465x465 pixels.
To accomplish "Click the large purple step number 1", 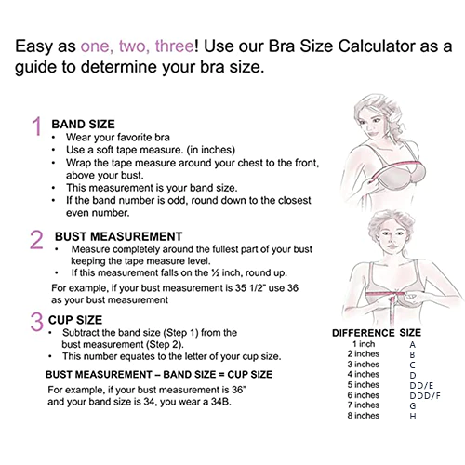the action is tap(37, 126).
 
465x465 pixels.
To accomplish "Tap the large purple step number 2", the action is tap(36, 239).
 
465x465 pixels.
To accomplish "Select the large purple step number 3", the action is tap(36, 322).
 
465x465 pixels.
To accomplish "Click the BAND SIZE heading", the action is tap(83, 125).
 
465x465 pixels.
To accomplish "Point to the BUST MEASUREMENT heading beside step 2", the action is tap(119, 236).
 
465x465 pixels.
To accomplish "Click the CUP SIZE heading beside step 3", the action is tap(75, 320).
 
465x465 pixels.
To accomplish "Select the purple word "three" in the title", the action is tap(175, 46).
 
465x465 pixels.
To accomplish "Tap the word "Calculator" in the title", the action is tap(377, 46).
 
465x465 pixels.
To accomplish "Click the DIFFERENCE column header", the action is tap(363, 333).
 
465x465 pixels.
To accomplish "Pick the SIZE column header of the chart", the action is tap(410, 333).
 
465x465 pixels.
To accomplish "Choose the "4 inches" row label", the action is tap(364, 375).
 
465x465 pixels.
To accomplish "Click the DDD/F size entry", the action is tap(425, 396).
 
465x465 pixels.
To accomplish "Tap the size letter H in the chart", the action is tap(413, 417).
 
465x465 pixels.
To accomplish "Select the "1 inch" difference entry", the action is tap(364, 344).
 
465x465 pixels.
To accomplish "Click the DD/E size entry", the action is tap(421, 386).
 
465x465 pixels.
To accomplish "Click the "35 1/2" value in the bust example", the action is tap(250, 288).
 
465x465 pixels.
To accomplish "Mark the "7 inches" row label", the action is tap(364, 405).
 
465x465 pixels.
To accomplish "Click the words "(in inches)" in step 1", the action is tap(211, 150).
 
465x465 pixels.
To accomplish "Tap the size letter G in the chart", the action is tap(413, 406).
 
